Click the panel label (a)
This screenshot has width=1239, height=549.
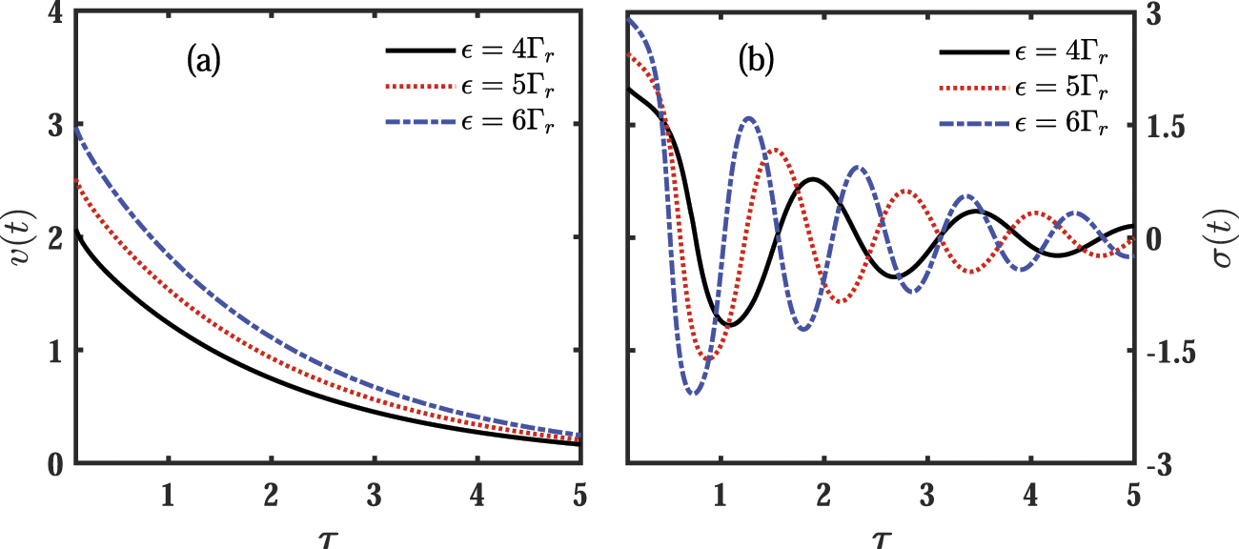click(204, 62)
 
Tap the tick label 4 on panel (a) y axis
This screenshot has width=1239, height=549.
click(51, 13)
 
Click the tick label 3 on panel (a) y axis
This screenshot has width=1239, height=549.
click(51, 126)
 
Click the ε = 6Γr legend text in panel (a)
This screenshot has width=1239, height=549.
click(508, 124)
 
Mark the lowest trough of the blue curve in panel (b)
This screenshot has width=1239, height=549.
click(693, 393)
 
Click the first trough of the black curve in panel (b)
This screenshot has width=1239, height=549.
click(728, 326)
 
